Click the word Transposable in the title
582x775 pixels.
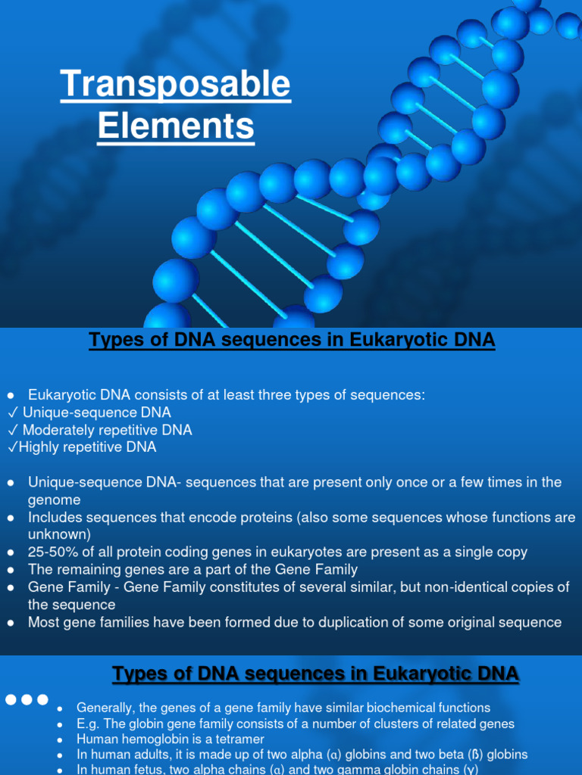point(175,84)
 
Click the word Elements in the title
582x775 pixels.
point(175,125)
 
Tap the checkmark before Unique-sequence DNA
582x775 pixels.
point(12,413)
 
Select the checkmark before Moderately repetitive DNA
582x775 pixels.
point(12,431)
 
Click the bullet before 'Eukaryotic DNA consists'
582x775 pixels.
point(11,396)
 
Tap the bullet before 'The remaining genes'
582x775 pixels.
point(11,570)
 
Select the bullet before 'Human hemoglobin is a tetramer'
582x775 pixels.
point(61,739)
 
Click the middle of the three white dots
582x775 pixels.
point(27,700)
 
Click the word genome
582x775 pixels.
point(54,500)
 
